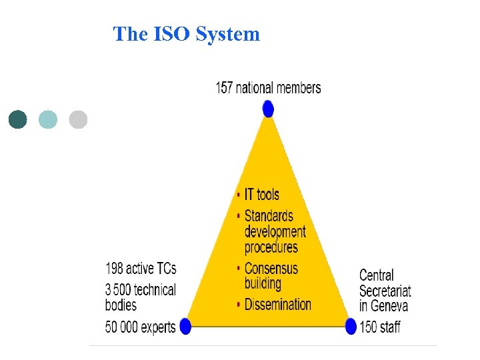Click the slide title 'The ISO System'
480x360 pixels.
click(x=187, y=34)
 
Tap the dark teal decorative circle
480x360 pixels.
click(x=18, y=119)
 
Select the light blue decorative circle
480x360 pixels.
click(x=48, y=119)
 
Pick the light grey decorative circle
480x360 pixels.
click(x=78, y=119)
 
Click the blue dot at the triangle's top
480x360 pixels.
click(x=268, y=108)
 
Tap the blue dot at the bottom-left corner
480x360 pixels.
click(x=185, y=326)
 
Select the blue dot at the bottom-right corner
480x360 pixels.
click(x=351, y=326)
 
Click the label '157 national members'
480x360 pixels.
click(x=268, y=88)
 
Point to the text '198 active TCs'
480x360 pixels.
click(x=141, y=269)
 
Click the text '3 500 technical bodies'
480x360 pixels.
click(x=141, y=297)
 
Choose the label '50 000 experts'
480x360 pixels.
click(x=141, y=327)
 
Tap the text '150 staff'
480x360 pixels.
click(x=380, y=327)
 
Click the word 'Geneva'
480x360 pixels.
click(x=389, y=306)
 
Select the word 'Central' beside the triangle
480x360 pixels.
click(x=377, y=275)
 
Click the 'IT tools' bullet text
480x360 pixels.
click(x=261, y=195)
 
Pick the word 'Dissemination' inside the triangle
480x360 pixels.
click(x=277, y=305)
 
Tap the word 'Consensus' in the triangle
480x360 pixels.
click(x=271, y=269)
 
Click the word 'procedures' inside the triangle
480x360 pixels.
click(x=271, y=247)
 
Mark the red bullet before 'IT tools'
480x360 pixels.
click(x=238, y=195)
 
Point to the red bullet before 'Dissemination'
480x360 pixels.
click(x=238, y=305)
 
